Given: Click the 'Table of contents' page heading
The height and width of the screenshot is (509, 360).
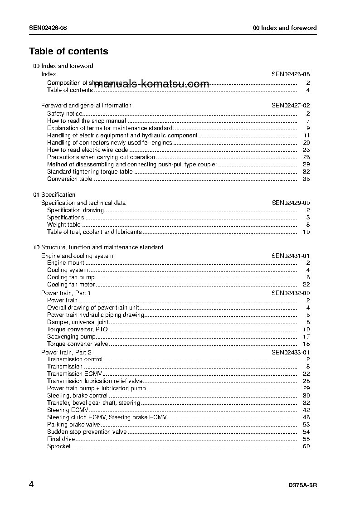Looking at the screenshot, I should (x=68, y=51).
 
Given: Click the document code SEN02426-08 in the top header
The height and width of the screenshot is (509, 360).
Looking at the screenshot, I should (x=48, y=28).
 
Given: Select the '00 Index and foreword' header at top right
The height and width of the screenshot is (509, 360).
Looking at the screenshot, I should (x=284, y=28).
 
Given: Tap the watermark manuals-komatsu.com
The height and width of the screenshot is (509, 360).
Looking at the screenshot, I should (x=152, y=84).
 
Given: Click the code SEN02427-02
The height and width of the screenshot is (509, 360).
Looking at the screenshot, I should (x=291, y=105).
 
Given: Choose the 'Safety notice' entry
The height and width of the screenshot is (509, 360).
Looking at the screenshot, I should (x=65, y=113).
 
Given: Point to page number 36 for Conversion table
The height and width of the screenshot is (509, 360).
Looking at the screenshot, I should (x=306, y=179).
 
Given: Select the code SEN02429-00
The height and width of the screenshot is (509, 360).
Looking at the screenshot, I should (x=291, y=203).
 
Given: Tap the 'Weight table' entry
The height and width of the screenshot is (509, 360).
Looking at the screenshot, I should (x=64, y=224).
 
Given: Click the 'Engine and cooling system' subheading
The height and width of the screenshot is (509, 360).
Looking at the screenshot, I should (x=77, y=256).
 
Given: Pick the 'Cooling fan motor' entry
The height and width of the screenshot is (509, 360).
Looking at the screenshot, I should (x=71, y=285).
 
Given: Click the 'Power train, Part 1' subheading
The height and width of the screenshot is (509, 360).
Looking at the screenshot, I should (x=66, y=293).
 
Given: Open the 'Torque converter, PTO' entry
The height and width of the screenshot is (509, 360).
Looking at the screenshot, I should (x=78, y=329).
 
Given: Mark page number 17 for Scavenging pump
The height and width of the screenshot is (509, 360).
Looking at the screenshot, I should (x=306, y=336).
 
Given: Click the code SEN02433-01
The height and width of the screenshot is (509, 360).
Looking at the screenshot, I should (x=291, y=352).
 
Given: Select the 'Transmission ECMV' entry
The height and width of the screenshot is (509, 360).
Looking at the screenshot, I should (x=74, y=373).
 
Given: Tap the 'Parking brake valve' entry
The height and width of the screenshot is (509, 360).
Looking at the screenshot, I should (x=73, y=424).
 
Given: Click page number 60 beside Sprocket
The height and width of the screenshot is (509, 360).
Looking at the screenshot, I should (x=306, y=446).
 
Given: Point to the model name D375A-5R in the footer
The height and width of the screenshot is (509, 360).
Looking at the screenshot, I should (x=302, y=485).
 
